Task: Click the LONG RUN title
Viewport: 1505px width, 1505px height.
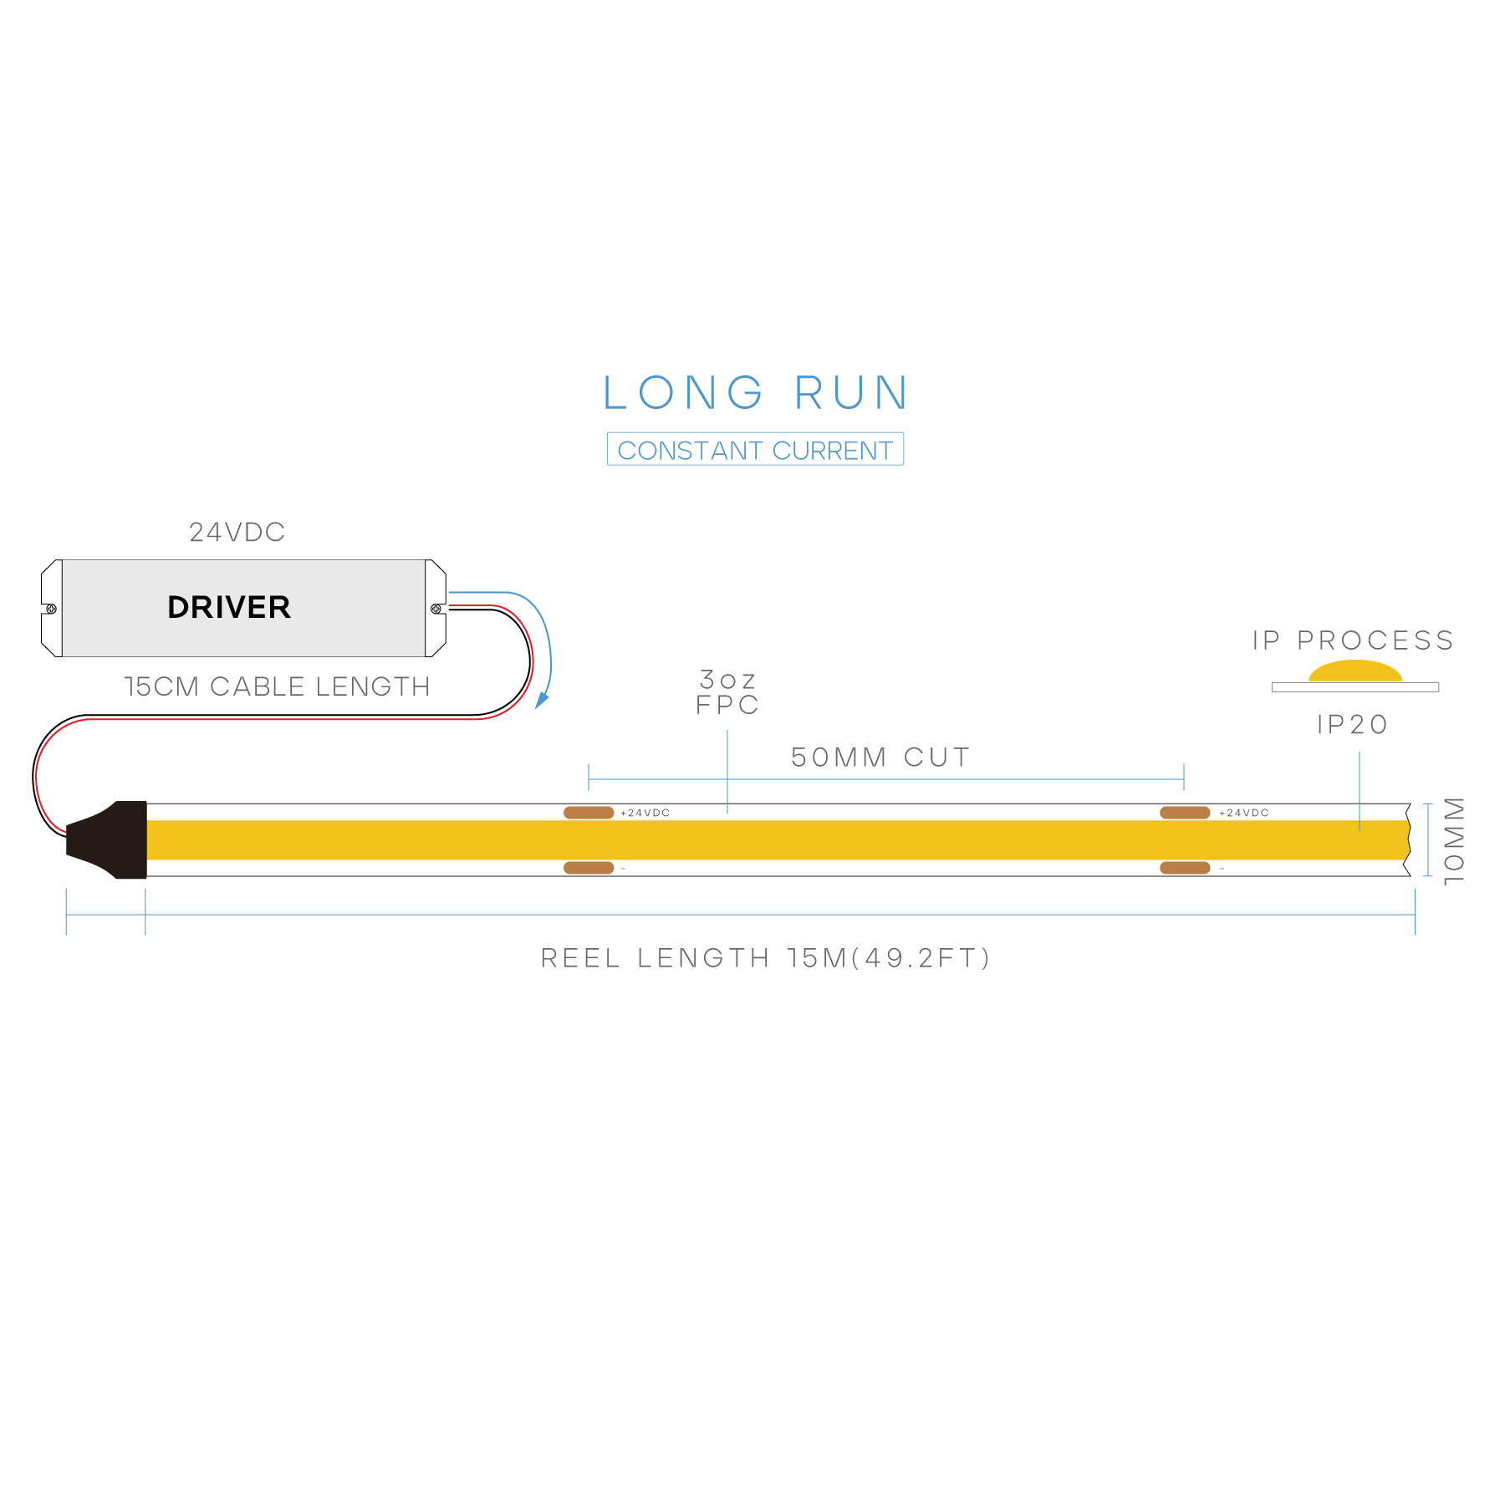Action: (755, 393)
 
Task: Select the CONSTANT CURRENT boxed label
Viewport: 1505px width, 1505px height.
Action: (755, 450)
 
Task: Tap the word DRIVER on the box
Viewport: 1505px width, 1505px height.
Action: (229, 607)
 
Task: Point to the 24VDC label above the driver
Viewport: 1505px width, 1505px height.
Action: (237, 532)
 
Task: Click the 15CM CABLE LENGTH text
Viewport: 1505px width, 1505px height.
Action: (277, 686)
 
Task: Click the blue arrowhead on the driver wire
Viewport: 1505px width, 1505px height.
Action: (542, 700)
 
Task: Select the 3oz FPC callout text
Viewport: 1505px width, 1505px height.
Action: (727, 692)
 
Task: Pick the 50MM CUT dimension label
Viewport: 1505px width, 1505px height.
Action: (880, 758)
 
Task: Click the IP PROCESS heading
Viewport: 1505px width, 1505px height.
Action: (1353, 640)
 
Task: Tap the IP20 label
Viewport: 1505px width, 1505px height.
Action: (1352, 724)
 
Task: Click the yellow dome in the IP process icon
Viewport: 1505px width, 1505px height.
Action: (1354, 671)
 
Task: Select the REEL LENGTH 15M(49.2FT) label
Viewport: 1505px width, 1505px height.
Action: (766, 958)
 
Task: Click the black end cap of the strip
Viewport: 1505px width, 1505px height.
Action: (113, 840)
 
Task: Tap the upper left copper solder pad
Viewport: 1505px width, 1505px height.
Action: (589, 813)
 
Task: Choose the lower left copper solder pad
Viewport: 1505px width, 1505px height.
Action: (589, 868)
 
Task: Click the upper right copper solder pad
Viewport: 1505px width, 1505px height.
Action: (1185, 813)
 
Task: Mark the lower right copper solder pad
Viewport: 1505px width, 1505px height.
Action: (1185, 868)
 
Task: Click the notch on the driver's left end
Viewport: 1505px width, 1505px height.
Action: (49, 609)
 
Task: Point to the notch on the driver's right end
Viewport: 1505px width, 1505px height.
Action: (437, 609)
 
